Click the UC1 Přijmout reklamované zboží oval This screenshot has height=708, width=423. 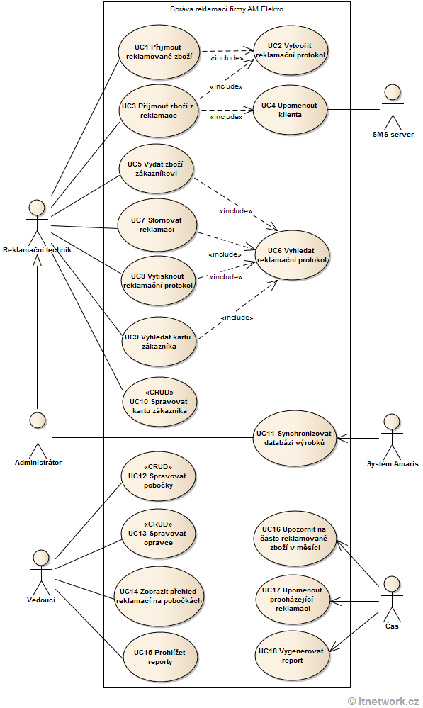pos(158,52)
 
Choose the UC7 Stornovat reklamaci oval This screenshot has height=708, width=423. pos(156,225)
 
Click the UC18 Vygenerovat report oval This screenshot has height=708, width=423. pos(291,655)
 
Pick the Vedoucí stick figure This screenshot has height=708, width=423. pos(43,570)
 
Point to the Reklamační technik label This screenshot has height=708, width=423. pos(37,249)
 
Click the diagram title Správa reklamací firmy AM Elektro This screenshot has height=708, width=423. pos(227,9)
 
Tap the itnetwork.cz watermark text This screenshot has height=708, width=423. pos(383,700)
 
